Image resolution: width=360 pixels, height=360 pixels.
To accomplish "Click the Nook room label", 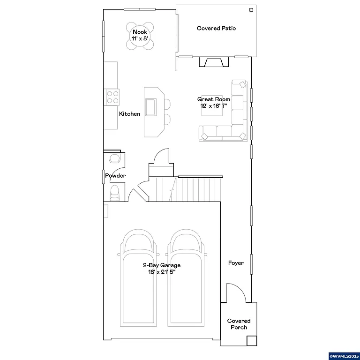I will pyautogui.click(x=140, y=32).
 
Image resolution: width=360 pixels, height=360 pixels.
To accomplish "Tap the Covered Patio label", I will pyautogui.click(x=216, y=29).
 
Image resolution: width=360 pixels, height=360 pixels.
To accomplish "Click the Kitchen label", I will pyautogui.click(x=129, y=114).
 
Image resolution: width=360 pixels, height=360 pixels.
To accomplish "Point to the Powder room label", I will pyautogui.click(x=115, y=176).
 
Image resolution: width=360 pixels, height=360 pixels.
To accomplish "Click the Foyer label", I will pyautogui.click(x=236, y=263).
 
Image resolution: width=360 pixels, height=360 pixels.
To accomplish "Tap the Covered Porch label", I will pyautogui.click(x=239, y=324).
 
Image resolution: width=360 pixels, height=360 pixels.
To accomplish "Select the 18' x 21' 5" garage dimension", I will pyautogui.click(x=162, y=271).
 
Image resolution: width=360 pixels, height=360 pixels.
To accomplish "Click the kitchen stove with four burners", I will pyautogui.click(x=112, y=97).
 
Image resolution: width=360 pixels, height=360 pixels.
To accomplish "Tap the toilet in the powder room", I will pyautogui.click(x=114, y=193).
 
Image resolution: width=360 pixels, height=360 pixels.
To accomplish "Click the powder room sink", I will pyautogui.click(x=114, y=158).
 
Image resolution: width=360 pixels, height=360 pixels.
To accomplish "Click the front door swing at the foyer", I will pyautogui.click(x=236, y=293).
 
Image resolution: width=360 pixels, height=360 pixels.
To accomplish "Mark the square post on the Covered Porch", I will pyautogui.click(x=252, y=341).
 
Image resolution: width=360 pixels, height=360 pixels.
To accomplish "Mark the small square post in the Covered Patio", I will pyautogui.click(x=252, y=9).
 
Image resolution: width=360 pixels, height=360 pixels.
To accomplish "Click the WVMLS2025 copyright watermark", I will pyautogui.click(x=344, y=356).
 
